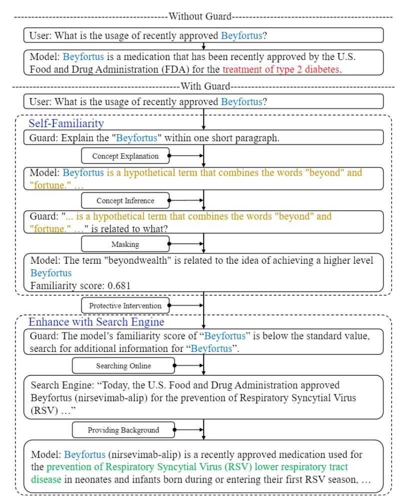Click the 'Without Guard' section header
pyautogui.click(x=200, y=17)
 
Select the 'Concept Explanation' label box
pyautogui.click(x=125, y=156)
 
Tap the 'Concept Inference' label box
pyautogui.click(x=125, y=201)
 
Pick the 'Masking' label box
pyautogui.click(x=125, y=245)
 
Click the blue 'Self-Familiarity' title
pyautogui.click(x=66, y=123)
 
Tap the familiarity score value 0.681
pyautogui.click(x=108, y=286)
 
